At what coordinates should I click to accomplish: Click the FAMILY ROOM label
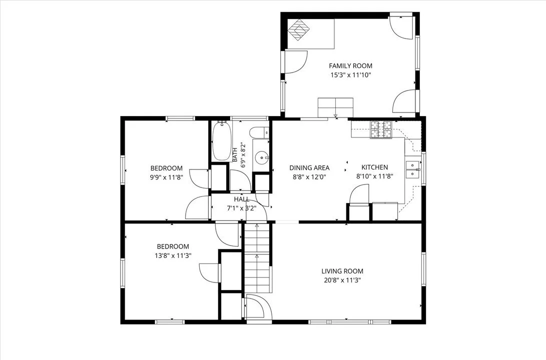[351, 65]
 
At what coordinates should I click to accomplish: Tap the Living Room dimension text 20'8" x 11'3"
[342, 280]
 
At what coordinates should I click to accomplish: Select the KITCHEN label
[375, 167]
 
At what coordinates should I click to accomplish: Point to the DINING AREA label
[309, 167]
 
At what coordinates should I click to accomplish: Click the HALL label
[242, 199]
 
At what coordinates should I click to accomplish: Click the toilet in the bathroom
[260, 132]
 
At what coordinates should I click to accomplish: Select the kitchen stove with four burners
[381, 129]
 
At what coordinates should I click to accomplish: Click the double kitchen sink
[413, 169]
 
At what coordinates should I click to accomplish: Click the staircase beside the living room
[257, 257]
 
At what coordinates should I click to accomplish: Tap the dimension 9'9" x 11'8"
[167, 176]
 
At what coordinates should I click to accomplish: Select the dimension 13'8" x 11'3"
[173, 255]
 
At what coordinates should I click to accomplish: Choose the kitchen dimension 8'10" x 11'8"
[375, 176]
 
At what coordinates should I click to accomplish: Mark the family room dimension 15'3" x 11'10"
[351, 75]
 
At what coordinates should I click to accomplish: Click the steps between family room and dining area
[335, 108]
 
